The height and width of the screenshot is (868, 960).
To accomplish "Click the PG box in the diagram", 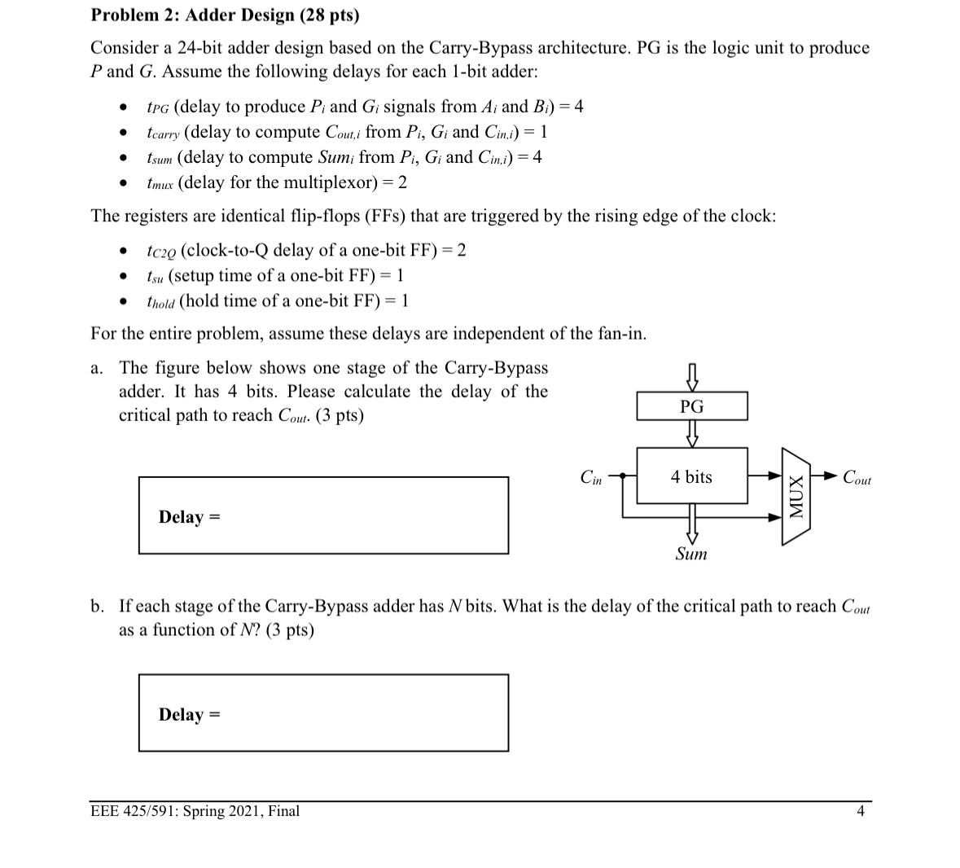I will point(691,406).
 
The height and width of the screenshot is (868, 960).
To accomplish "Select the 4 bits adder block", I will point(691,476).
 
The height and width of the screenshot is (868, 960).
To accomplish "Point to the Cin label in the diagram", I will point(591,477).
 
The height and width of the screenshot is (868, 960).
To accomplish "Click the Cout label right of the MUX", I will point(857,478).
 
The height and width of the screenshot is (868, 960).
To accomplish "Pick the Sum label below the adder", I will point(691,555).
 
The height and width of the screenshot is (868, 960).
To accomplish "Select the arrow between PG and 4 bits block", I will point(691,434).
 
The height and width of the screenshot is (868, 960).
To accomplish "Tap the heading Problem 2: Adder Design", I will point(225,15).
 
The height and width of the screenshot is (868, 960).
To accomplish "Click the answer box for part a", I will point(323,515).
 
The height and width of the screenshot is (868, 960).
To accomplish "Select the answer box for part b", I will point(323,712).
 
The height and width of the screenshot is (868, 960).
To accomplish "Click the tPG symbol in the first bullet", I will point(158,107).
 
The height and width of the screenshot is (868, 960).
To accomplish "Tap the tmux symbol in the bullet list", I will point(160,182).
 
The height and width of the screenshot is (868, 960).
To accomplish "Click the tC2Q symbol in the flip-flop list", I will point(160,250).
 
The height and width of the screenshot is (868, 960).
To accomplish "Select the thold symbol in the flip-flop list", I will point(160,301).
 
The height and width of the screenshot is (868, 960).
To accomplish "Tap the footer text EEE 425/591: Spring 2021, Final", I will point(195,811).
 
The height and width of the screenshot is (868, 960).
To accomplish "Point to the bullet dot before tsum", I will point(122,158).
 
